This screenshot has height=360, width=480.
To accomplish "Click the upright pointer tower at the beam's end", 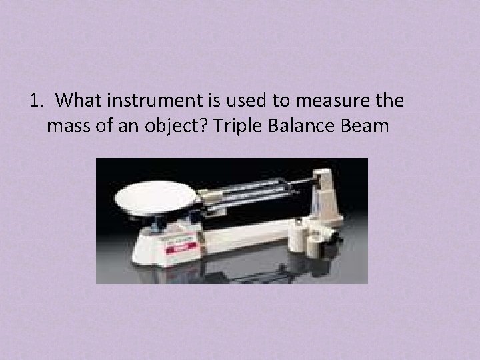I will pos(327,193).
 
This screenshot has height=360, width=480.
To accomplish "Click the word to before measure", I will pos(271,101).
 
